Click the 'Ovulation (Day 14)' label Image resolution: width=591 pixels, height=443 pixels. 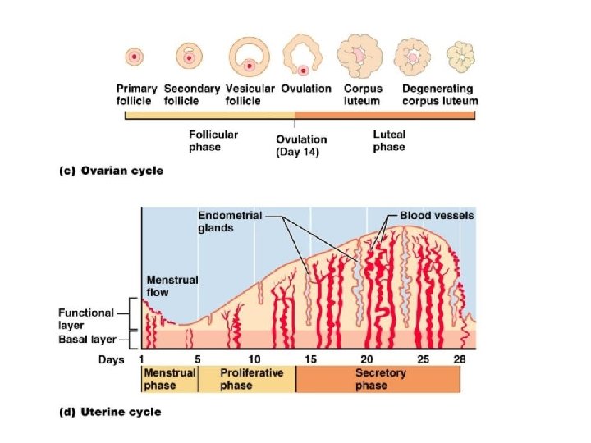[x=301, y=145]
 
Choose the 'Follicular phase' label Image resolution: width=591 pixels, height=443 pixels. [x=213, y=140]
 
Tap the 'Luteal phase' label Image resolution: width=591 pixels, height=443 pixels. [x=389, y=140]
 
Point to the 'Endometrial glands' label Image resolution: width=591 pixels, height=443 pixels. [x=230, y=221]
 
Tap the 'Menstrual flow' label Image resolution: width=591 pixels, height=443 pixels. [x=172, y=285]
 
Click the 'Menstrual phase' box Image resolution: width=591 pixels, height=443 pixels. [x=170, y=378]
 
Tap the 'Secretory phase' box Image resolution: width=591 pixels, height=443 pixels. [x=378, y=378]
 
